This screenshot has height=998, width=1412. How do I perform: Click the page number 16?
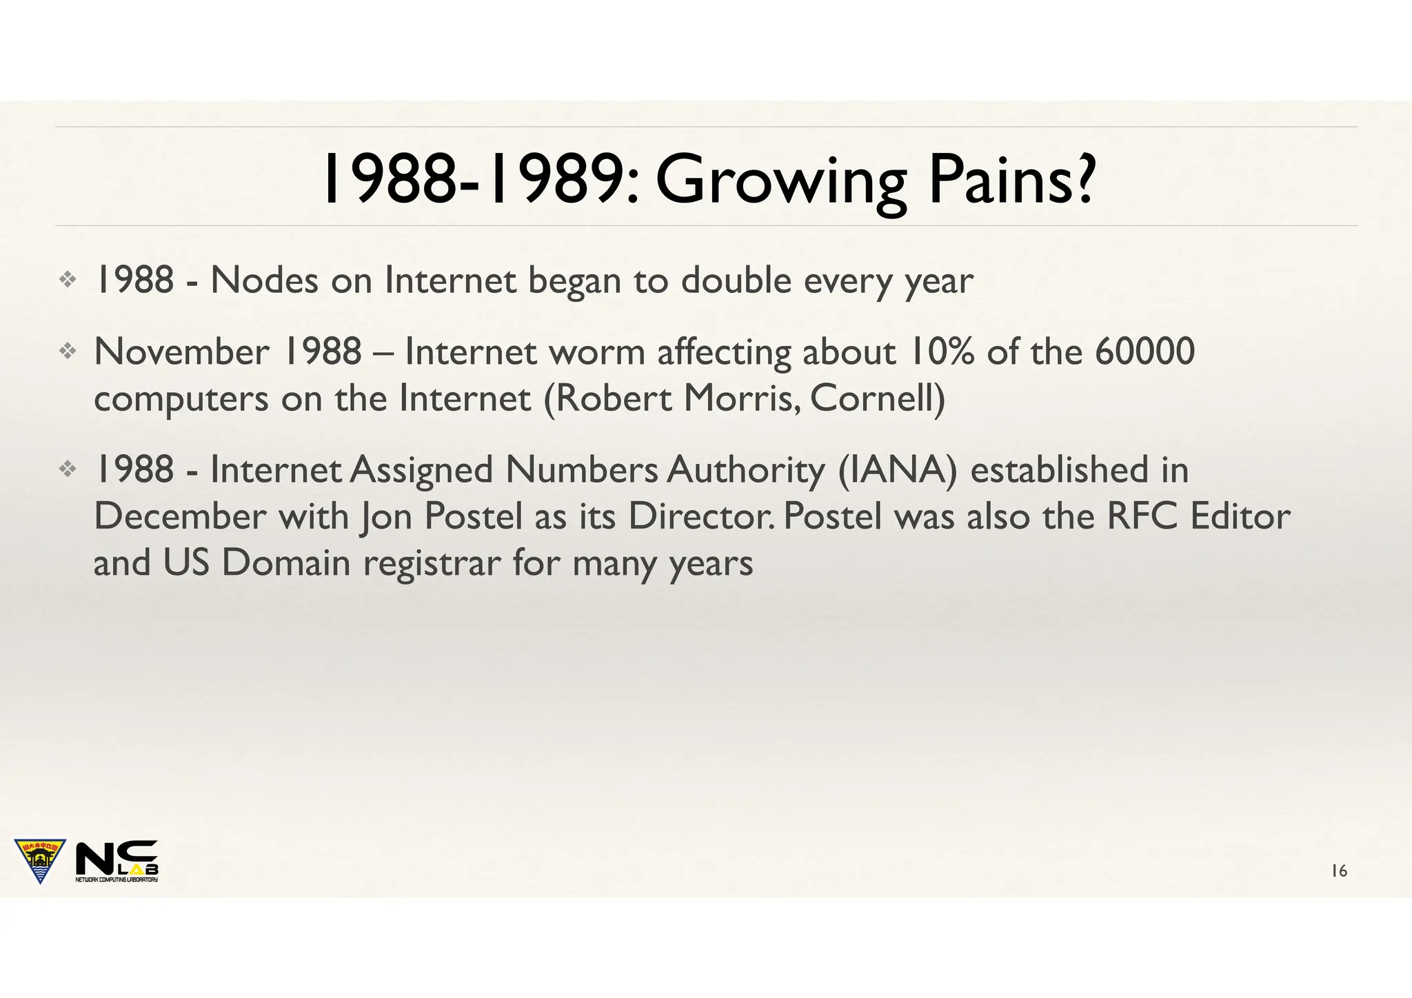(1339, 871)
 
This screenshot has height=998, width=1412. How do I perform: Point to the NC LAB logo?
(117, 862)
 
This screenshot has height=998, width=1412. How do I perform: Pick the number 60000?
(1144, 352)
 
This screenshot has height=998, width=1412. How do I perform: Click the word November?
(181, 352)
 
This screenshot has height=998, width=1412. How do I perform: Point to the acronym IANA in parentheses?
(898, 470)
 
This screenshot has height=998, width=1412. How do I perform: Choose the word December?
(180, 517)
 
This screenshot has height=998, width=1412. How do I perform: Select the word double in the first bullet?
(736, 281)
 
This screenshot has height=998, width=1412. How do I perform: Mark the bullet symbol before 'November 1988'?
(68, 352)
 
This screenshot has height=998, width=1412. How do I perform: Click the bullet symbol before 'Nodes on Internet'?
(68, 280)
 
